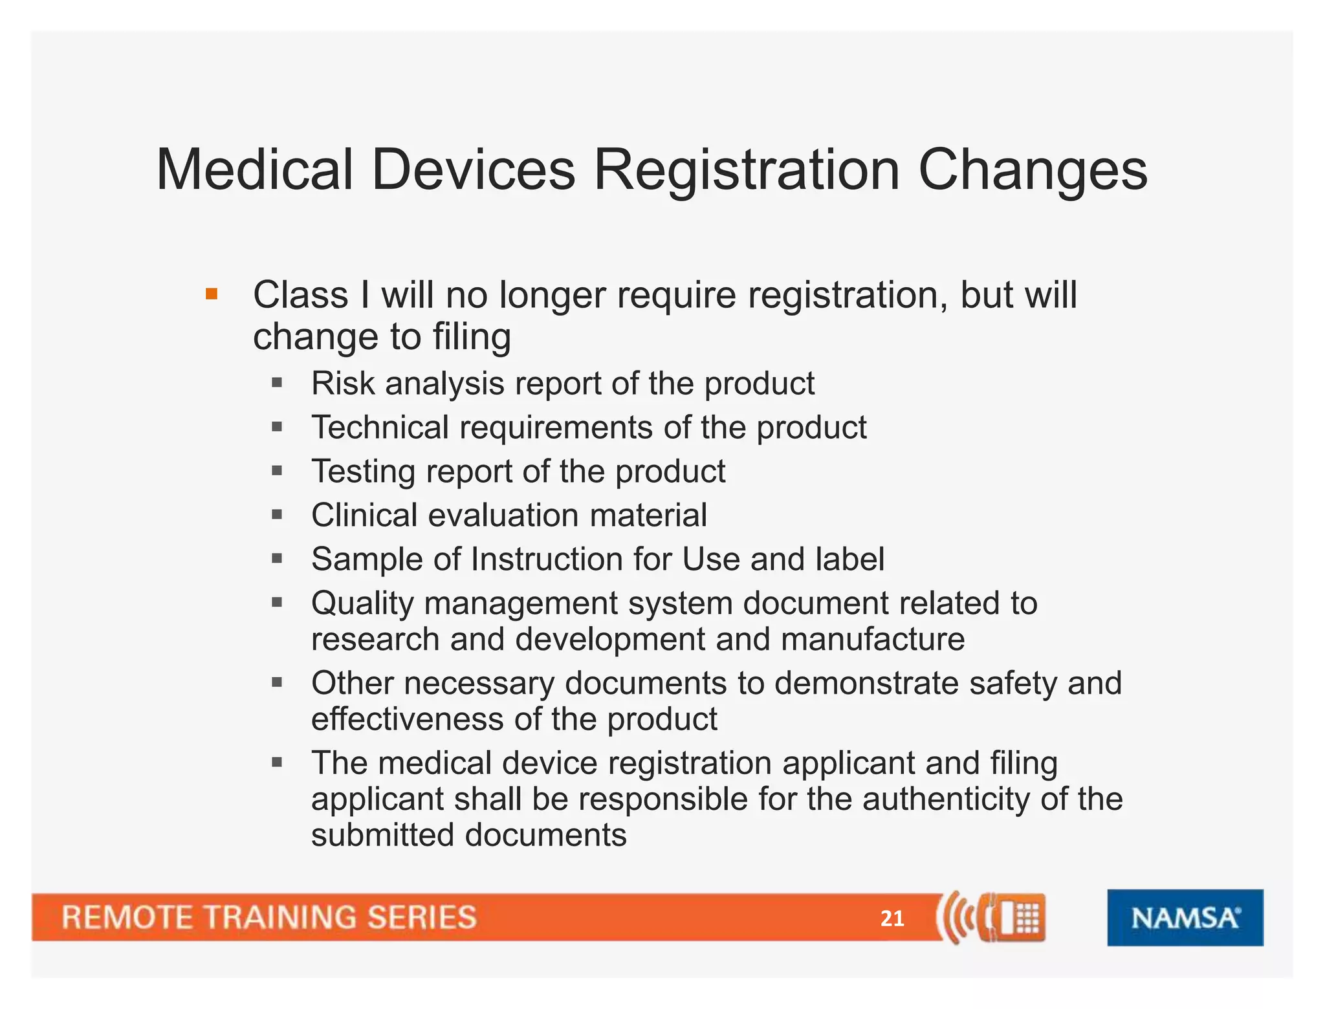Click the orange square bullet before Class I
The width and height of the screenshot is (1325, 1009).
pos(212,295)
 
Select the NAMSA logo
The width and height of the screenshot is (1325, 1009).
pos(1185,917)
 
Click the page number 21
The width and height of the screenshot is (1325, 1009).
pos(892,918)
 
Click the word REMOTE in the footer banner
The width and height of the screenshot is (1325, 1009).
pos(127,918)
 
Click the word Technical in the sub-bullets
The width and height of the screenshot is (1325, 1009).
pos(380,428)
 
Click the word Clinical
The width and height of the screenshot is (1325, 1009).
pos(364,515)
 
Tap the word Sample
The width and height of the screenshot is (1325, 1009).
pos(367,559)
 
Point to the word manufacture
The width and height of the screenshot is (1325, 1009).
pos(873,640)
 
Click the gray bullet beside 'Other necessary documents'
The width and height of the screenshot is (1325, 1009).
pos(278,682)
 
